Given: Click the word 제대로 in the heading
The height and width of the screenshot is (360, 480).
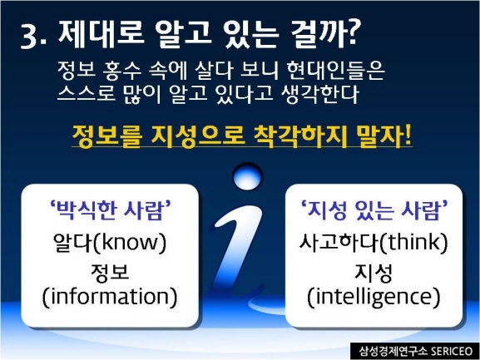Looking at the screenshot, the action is tap(101, 33).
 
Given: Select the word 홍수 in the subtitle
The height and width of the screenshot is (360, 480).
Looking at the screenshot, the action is tap(122, 72).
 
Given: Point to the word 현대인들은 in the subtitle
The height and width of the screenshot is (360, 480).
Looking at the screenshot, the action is tap(335, 72).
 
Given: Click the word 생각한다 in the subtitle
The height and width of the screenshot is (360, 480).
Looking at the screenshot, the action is tap(319, 94).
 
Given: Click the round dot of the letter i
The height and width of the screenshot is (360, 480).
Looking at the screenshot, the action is tap(248, 177).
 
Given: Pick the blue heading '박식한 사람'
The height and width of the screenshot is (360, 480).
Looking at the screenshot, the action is tap(110, 210).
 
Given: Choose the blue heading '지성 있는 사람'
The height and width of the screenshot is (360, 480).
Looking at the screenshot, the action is tap(374, 210).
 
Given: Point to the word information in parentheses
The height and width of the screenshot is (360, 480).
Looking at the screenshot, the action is tap(110, 297).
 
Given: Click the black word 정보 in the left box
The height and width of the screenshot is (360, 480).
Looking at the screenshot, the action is tap(110, 272).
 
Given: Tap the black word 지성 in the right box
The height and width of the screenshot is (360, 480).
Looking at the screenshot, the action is tap(374, 272).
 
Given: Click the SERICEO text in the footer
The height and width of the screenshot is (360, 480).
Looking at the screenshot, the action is tap(452, 351).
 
